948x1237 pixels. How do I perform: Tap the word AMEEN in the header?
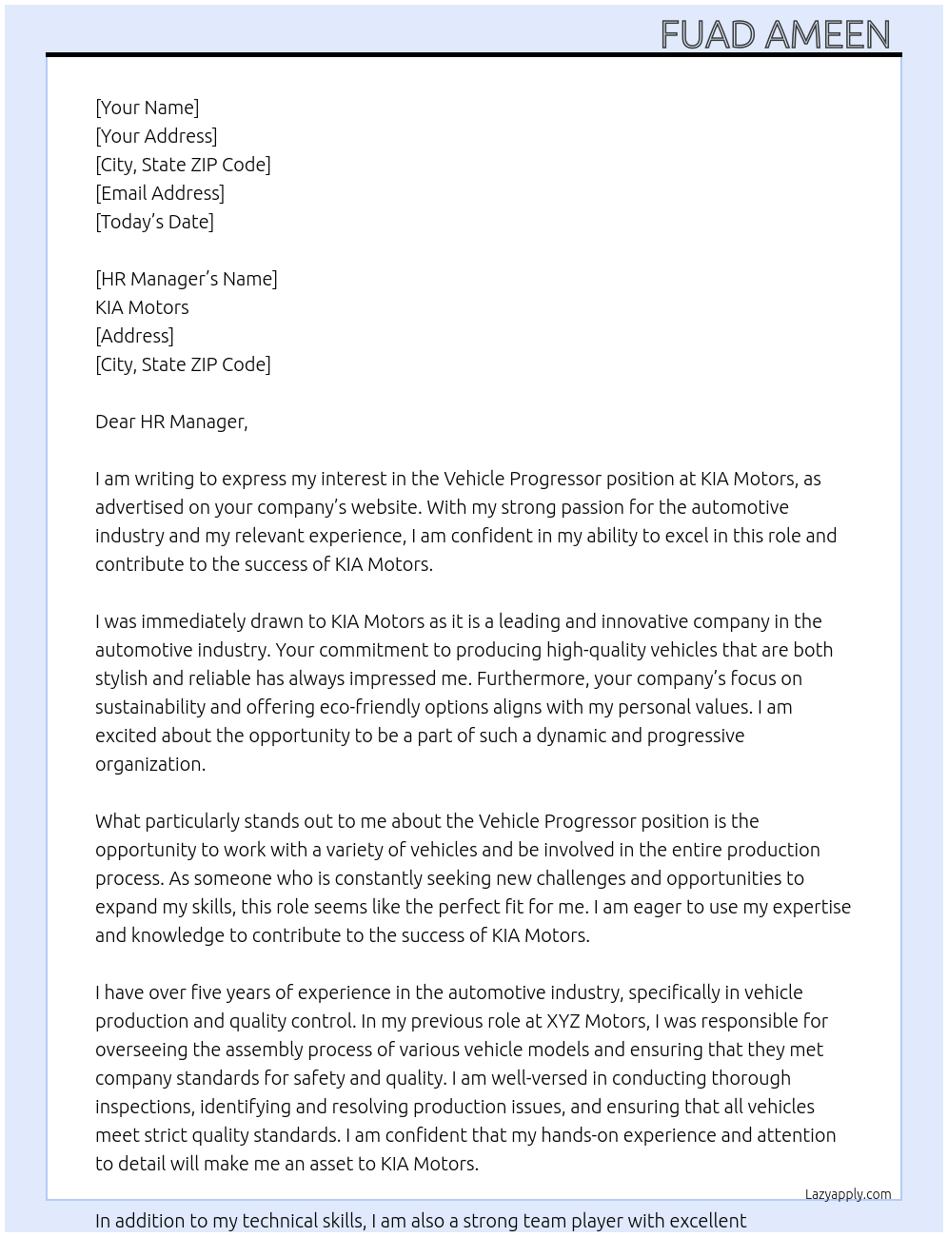click(x=827, y=35)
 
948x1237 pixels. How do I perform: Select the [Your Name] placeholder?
click(x=147, y=108)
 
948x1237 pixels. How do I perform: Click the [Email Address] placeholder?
click(x=160, y=193)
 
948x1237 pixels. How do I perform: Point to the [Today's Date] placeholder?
click(x=154, y=222)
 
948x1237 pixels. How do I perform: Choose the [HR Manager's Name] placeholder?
click(x=186, y=279)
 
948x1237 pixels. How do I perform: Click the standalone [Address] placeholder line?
click(x=134, y=336)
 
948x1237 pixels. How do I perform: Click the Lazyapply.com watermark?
click(x=847, y=1194)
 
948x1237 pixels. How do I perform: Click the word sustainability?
click(x=150, y=707)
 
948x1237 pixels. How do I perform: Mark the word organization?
click(x=149, y=764)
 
